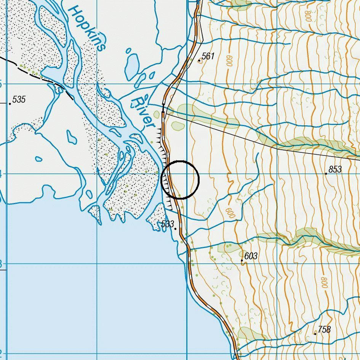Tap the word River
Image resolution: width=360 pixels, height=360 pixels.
pyautogui.click(x=143, y=112)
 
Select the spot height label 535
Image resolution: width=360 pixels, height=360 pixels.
pyautogui.click(x=19, y=99)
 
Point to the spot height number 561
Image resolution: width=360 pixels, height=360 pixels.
pyautogui.click(x=208, y=56)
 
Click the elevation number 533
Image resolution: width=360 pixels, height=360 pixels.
pyautogui.click(x=167, y=224)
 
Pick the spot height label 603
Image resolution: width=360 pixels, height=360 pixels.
pyautogui.click(x=251, y=256)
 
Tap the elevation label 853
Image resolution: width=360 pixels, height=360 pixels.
pyautogui.click(x=335, y=169)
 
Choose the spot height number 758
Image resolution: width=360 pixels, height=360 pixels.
pyautogui.click(x=324, y=330)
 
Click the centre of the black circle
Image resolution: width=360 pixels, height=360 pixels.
pyautogui.click(x=180, y=180)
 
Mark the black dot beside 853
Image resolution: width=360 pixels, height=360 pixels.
pyautogui.click(x=326, y=174)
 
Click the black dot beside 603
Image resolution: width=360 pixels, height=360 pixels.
pyautogui.click(x=242, y=261)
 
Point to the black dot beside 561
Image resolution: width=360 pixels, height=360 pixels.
pyautogui.click(x=199, y=61)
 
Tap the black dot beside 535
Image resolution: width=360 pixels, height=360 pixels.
pyautogui.click(x=10, y=104)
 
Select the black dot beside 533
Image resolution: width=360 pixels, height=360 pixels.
pyautogui.click(x=175, y=229)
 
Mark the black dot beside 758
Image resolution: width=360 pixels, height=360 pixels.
pyautogui.click(x=315, y=334)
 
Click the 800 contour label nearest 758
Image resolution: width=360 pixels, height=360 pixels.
pyautogui.click(x=324, y=282)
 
